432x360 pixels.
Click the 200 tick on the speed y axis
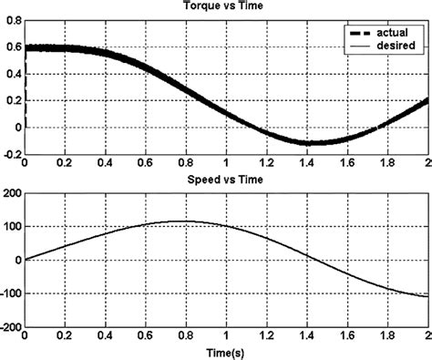pos(10,192)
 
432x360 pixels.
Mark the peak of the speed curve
pos(185,221)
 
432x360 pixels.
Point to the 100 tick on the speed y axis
pos(12,226)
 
